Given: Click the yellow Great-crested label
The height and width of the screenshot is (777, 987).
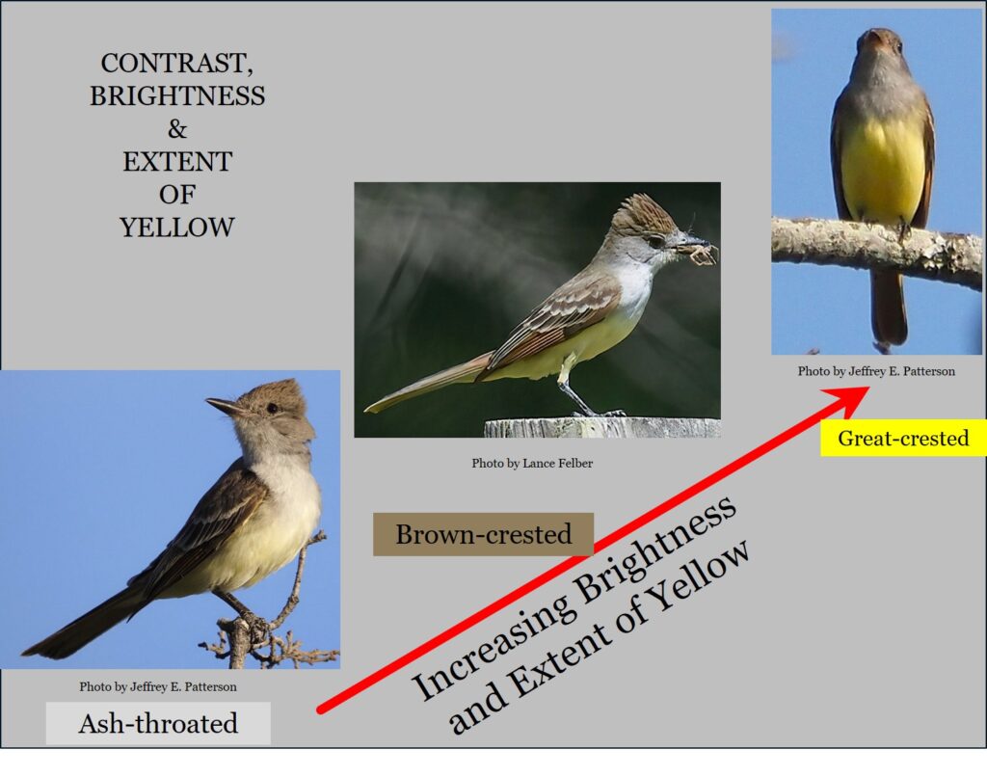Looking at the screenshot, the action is coord(903,438).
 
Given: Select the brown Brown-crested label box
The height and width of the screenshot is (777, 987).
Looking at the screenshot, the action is coord(483,534).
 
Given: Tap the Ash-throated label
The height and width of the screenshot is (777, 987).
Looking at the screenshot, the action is coord(158,723).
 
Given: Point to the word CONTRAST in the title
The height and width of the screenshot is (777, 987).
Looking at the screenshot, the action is coord(177,63).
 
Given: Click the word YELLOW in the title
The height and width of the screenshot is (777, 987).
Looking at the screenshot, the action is coord(177,228).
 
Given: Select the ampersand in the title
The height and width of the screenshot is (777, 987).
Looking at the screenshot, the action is coord(177,129).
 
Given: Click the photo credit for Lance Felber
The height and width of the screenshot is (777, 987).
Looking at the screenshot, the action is coord(532,463).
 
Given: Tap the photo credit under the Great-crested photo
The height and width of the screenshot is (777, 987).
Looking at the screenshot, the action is coord(876,371).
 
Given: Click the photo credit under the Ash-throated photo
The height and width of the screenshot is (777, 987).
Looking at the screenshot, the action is coord(158,686).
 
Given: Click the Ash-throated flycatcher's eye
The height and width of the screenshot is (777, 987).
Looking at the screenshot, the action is coord(272,408).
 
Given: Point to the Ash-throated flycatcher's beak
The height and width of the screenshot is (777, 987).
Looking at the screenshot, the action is coord(225,406).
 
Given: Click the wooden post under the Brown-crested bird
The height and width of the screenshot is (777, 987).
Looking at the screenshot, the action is coord(602,427).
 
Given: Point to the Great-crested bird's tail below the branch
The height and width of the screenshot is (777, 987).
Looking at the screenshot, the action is coord(889,308).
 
